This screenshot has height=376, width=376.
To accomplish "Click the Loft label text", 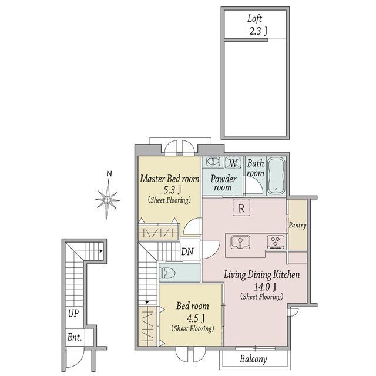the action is [x=254, y=19].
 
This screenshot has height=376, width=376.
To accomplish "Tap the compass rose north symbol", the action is [x=107, y=196].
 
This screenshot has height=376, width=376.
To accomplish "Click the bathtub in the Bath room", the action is [x=276, y=176].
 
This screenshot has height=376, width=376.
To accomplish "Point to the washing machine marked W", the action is [x=233, y=163].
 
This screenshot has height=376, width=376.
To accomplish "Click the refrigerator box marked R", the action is [x=241, y=207].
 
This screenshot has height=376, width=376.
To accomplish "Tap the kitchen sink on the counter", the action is [x=240, y=242].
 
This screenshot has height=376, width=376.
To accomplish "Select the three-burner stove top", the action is [x=276, y=241].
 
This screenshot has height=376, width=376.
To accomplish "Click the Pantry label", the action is [x=297, y=225].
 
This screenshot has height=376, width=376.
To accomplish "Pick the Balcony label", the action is [x=253, y=359].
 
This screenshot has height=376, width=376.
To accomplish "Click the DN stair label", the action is [x=187, y=251].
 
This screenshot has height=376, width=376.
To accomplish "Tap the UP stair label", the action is [x=73, y=313].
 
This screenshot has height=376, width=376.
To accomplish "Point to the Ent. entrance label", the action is [x=75, y=337].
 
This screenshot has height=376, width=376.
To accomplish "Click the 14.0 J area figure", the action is [x=265, y=287].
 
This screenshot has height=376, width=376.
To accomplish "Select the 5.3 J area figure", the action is [x=172, y=190].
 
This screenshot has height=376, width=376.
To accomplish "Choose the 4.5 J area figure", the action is [x=196, y=318].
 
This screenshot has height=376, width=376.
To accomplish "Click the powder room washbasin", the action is [x=213, y=162].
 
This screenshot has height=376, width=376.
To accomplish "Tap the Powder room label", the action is [x=223, y=183].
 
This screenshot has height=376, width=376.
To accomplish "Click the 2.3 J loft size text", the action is [x=258, y=31].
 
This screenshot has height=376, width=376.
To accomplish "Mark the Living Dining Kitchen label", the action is [x=261, y=274].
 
